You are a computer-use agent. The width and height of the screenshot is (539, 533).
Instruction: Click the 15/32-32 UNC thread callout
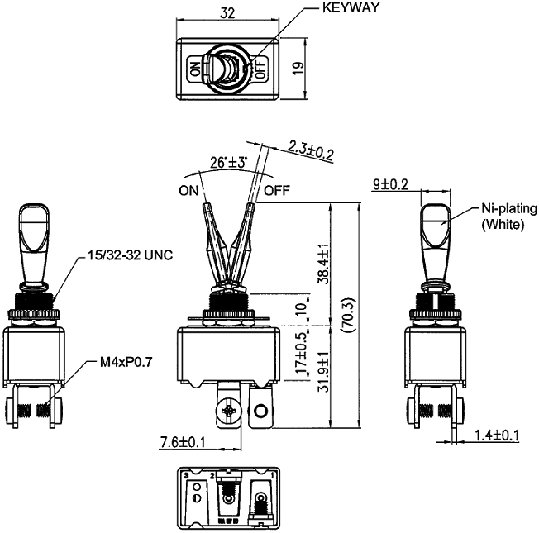tap(130, 255)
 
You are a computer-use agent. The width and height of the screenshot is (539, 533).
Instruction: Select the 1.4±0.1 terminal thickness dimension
tap(497, 435)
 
